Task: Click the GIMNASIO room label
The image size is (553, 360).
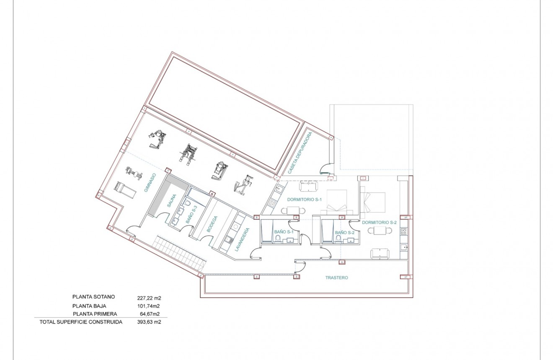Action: pyautogui.click(x=150, y=183)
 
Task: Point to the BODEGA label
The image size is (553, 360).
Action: pyautogui.click(x=212, y=224)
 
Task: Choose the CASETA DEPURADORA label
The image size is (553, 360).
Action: pyautogui.click(x=300, y=153)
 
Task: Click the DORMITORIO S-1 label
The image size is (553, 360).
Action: pyautogui.click(x=304, y=200)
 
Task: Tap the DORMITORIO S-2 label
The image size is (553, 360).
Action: pyautogui.click(x=379, y=222)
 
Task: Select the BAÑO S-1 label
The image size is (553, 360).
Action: pyautogui.click(x=281, y=232)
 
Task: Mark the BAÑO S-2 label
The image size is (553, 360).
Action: pyautogui.click(x=345, y=232)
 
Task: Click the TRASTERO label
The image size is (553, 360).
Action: pyautogui.click(x=337, y=278)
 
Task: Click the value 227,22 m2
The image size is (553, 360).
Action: pyautogui.click(x=149, y=298)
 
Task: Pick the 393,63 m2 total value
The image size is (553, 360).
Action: pyautogui.click(x=149, y=322)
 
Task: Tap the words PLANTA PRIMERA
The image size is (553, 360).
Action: pyautogui.click(x=95, y=314)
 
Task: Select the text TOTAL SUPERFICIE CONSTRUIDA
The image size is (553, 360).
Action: pyautogui.click(x=81, y=322)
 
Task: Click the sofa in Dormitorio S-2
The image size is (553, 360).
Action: pyautogui.click(x=380, y=253)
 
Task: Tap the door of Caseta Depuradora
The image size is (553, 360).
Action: pyautogui.click(x=326, y=168)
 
